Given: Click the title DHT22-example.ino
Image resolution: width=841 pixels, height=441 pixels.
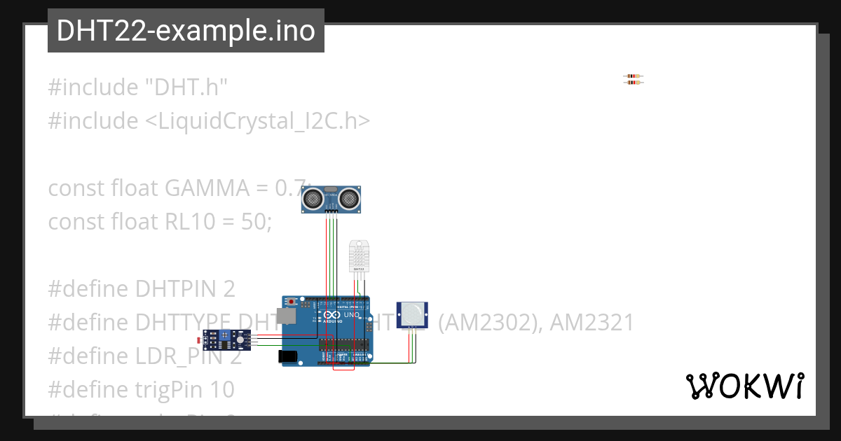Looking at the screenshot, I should click(186, 31).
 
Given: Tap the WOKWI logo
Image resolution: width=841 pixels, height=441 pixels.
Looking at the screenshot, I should click(744, 386).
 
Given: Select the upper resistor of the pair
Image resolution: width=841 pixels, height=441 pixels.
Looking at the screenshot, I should click(633, 76).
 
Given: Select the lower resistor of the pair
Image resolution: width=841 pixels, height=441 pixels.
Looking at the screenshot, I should click(633, 83).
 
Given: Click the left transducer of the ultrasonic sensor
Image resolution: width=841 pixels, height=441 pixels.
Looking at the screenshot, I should click(313, 199).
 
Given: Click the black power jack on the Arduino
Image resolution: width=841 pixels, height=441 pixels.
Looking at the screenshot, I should click(288, 356).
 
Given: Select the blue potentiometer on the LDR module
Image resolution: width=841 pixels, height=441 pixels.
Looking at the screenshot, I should click(224, 336).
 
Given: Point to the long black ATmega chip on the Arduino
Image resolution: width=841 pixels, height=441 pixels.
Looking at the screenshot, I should click(343, 344).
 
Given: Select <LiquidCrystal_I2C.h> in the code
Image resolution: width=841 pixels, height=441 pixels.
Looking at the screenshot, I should click(257, 121).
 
